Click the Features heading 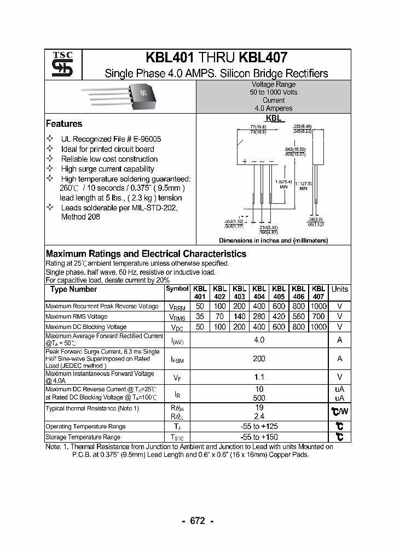tap(64, 124)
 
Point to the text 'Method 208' tap(80, 217)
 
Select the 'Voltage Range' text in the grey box tap(273, 85)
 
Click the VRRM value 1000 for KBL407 tap(318, 307)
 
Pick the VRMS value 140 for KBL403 tap(239, 316)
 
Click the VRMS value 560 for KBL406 tap(298, 316)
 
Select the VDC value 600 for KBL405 tap(279, 327)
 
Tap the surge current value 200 tap(259, 358)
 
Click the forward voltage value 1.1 tap(259, 377)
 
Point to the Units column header tap(339, 289)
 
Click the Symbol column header tap(177, 289)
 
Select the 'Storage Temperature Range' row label tap(83, 437)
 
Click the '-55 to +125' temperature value tap(259, 426)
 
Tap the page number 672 tap(197, 521)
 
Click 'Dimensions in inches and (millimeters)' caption tap(273, 240)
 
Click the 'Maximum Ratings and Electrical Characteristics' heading tap(146, 254)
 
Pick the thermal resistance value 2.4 tap(259, 416)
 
